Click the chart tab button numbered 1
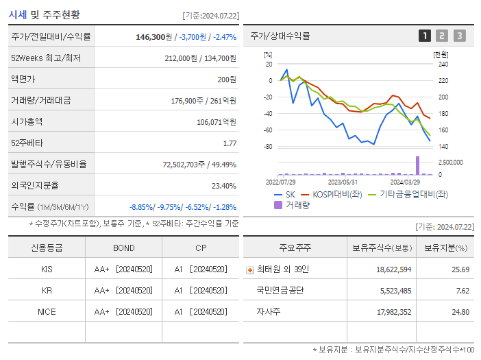pyautogui.click(x=425, y=36)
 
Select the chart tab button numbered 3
pyautogui.click(x=459, y=36)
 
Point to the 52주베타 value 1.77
pyautogui.click(x=230, y=143)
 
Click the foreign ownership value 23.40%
pyautogui.click(x=224, y=186)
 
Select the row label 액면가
pyautogui.click(x=24, y=80)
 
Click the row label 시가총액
pyautogui.click(x=27, y=122)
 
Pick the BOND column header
pyautogui.click(x=123, y=248)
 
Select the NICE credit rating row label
pyautogui.click(x=47, y=312)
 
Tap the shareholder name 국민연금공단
pyautogui.click(x=280, y=291)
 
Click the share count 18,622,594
pyautogui.click(x=393, y=269)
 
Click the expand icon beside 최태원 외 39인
pyautogui.click(x=250, y=269)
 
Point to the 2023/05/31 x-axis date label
pyautogui.click(x=343, y=182)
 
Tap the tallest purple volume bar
pyautogui.click(x=417, y=165)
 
